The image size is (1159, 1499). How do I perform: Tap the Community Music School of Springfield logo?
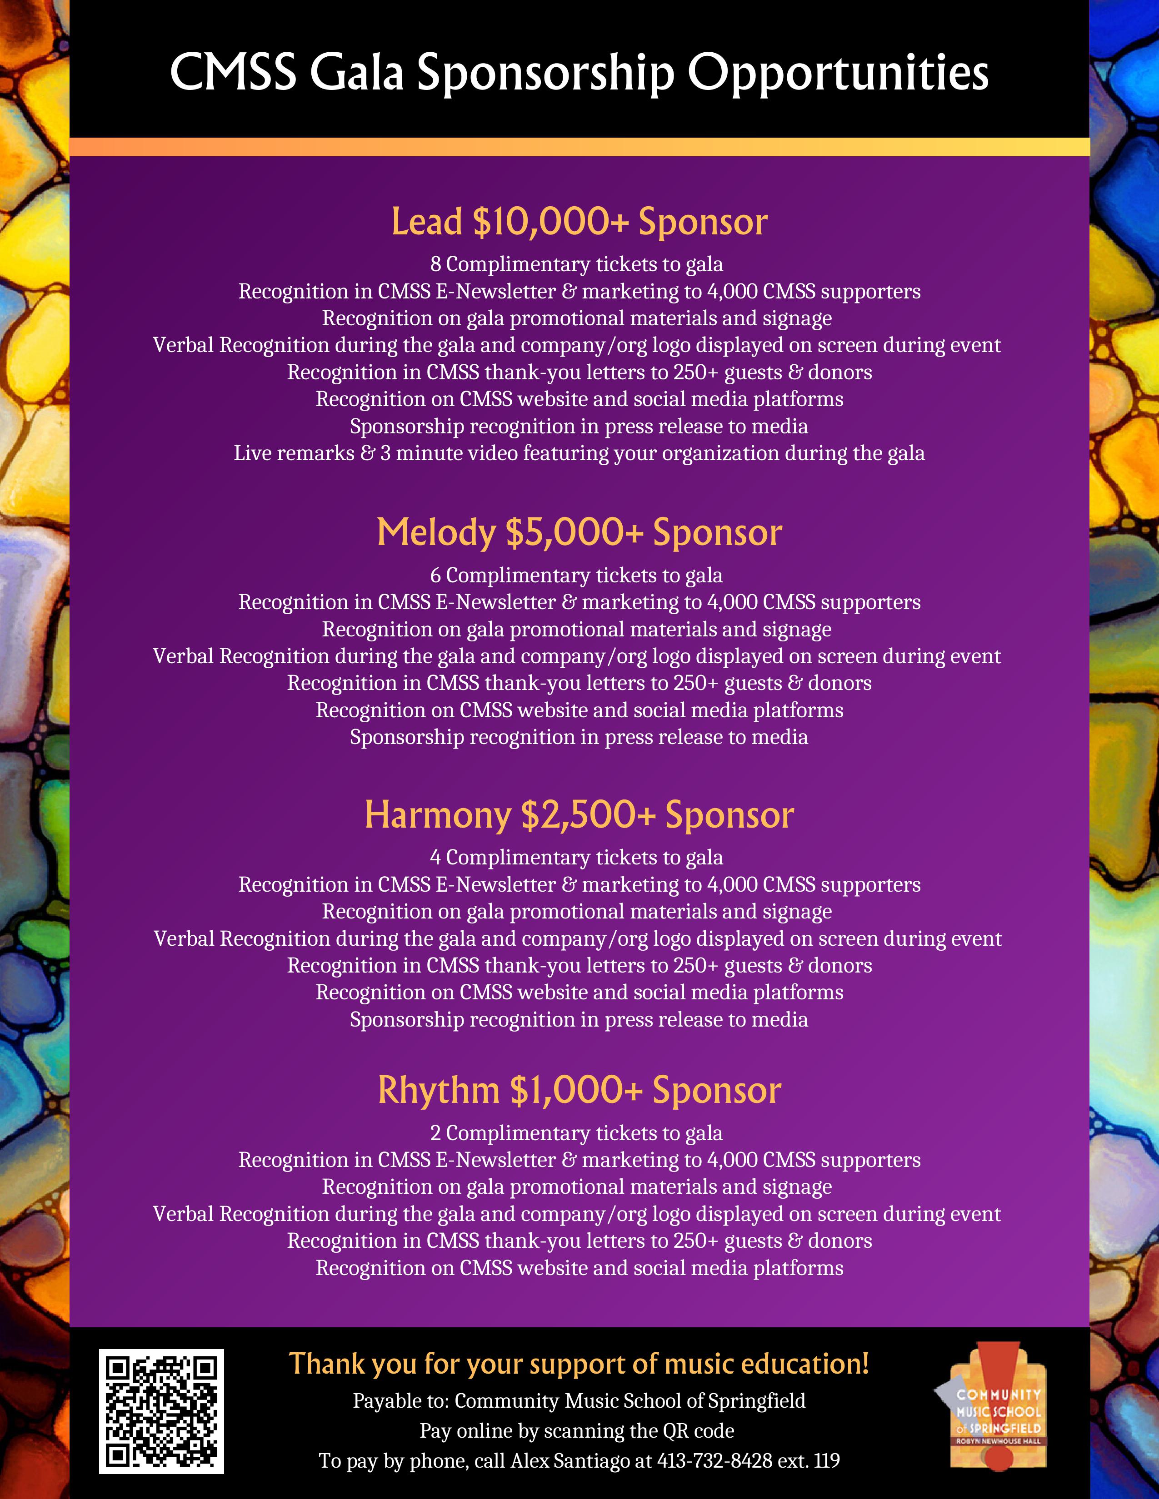pos(995,1407)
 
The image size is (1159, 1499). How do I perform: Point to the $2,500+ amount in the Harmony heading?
pos(588,815)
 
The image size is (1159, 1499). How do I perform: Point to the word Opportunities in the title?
pos(838,73)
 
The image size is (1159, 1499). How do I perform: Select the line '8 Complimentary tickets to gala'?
pos(577,264)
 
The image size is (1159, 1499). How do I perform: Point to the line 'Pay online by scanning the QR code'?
pos(577,1431)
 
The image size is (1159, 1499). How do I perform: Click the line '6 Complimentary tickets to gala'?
pos(577,575)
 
